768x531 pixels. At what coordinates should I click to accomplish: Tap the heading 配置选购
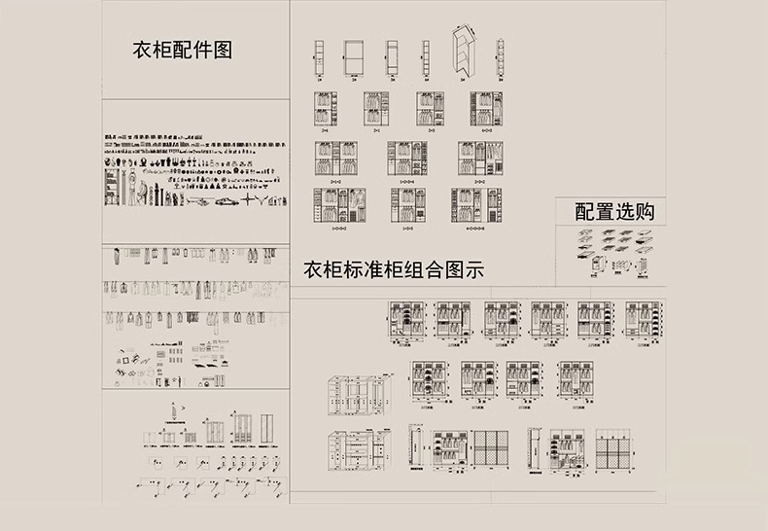tap(614, 211)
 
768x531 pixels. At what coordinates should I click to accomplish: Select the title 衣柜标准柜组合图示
tap(394, 269)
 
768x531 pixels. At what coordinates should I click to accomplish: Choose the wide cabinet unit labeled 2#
tap(352, 58)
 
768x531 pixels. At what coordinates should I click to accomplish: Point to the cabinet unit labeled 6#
tap(500, 58)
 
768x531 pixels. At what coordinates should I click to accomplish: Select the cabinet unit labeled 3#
tap(391, 58)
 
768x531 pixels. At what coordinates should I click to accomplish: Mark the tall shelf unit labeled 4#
tap(425, 58)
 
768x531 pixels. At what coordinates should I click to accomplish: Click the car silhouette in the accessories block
tap(225, 200)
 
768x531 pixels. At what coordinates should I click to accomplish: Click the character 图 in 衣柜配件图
tap(223, 50)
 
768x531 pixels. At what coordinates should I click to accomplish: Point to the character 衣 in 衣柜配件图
tap(141, 50)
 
